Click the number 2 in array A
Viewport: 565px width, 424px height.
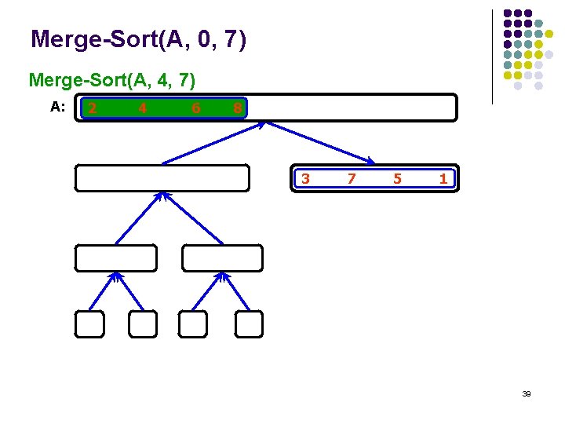coord(93,108)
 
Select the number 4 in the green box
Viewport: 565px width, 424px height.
coord(142,108)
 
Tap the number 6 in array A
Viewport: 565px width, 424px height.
coord(195,108)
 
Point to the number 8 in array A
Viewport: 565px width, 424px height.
coord(237,108)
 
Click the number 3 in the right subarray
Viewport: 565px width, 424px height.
coord(306,178)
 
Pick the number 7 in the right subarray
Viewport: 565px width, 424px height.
coord(352,178)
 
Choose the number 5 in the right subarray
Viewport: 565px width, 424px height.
coord(397,178)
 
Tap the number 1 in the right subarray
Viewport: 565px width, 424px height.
coord(443,178)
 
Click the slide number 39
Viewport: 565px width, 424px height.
coord(527,393)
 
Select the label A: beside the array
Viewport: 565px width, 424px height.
coord(57,107)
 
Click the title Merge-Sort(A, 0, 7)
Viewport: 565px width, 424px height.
coord(138,38)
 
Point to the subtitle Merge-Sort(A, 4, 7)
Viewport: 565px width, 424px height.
coord(112,79)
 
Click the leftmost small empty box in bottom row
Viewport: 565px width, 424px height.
coord(89,324)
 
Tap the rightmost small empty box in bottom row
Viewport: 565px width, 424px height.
coord(248,324)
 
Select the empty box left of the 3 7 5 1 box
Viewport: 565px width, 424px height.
coord(162,177)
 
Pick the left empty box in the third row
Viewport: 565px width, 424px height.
coord(115,258)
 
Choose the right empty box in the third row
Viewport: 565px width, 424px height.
coord(223,258)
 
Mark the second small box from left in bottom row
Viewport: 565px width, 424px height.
coord(143,324)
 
